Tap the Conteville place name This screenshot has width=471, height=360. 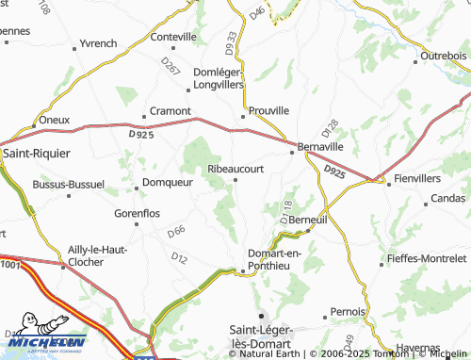[x=173, y=37]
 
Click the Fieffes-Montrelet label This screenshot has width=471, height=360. [x=427, y=257]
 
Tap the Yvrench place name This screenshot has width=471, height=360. [x=99, y=43]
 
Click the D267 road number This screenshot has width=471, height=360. [x=171, y=67]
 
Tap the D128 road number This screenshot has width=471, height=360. [x=330, y=127]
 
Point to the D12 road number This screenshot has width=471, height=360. [x=180, y=256]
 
